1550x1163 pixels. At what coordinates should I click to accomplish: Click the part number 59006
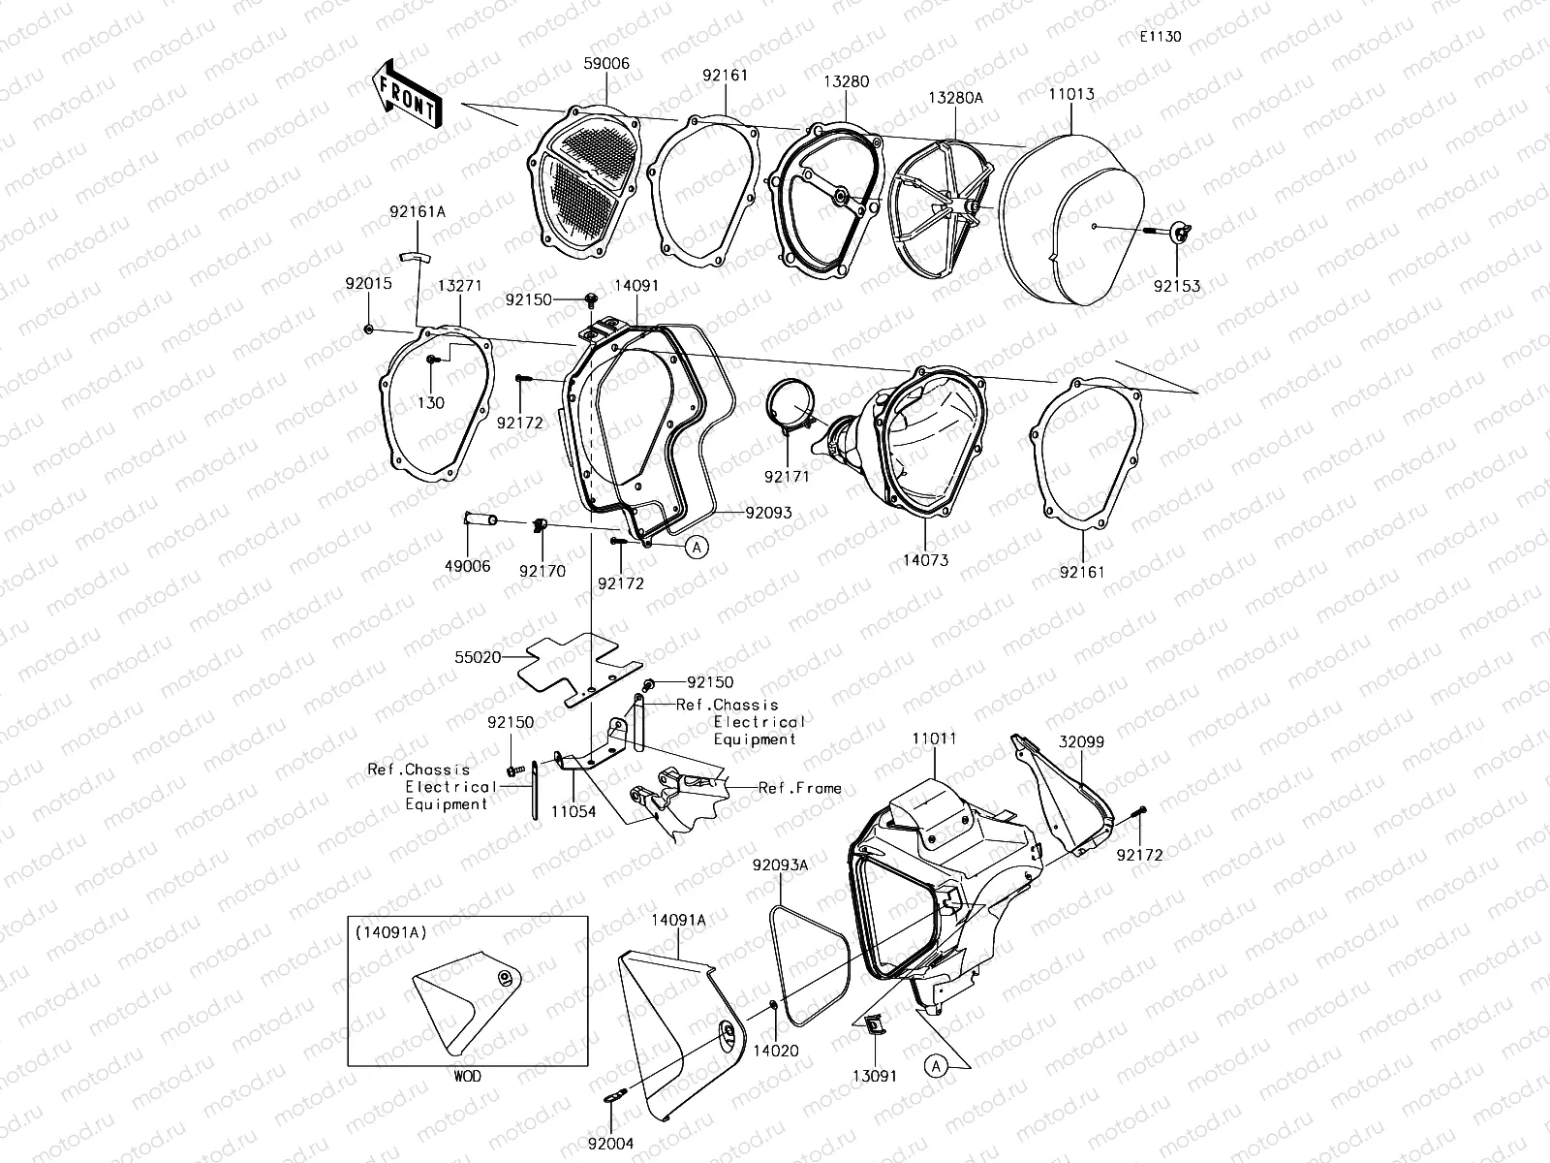(606, 64)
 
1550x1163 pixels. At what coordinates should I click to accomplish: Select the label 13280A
(955, 98)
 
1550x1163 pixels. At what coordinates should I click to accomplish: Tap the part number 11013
(1071, 94)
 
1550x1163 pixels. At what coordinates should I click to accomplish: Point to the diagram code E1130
(1160, 37)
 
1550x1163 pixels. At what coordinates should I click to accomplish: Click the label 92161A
(418, 211)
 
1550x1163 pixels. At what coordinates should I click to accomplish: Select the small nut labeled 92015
(369, 330)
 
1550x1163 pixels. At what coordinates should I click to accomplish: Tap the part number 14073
(926, 560)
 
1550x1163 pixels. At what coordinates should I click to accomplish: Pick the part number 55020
(479, 657)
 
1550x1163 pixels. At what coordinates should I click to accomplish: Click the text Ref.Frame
(800, 789)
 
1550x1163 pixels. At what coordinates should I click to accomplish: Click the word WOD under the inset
(467, 1076)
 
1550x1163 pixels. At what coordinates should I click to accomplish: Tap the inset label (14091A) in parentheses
(385, 934)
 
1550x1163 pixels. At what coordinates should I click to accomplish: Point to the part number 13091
(874, 1076)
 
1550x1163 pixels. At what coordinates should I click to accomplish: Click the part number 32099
(1081, 741)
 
